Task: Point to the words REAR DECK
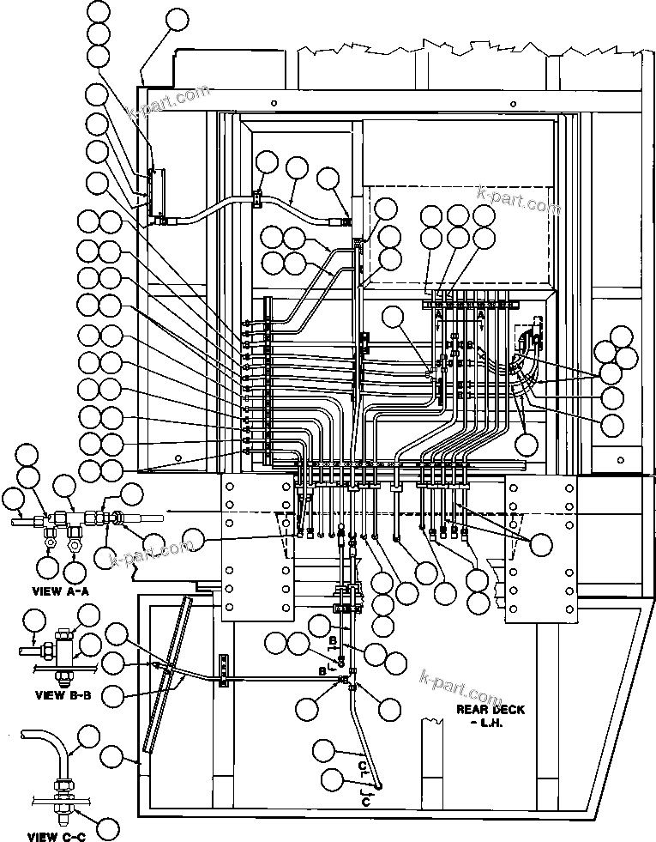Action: coord(490,710)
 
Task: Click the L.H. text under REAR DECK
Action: coord(490,723)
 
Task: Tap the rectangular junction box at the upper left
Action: coord(156,192)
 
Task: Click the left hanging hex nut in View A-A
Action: coord(48,542)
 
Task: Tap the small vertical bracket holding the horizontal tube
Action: coord(225,670)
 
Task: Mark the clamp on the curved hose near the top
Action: coord(256,201)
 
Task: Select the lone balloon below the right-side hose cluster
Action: coord(527,444)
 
